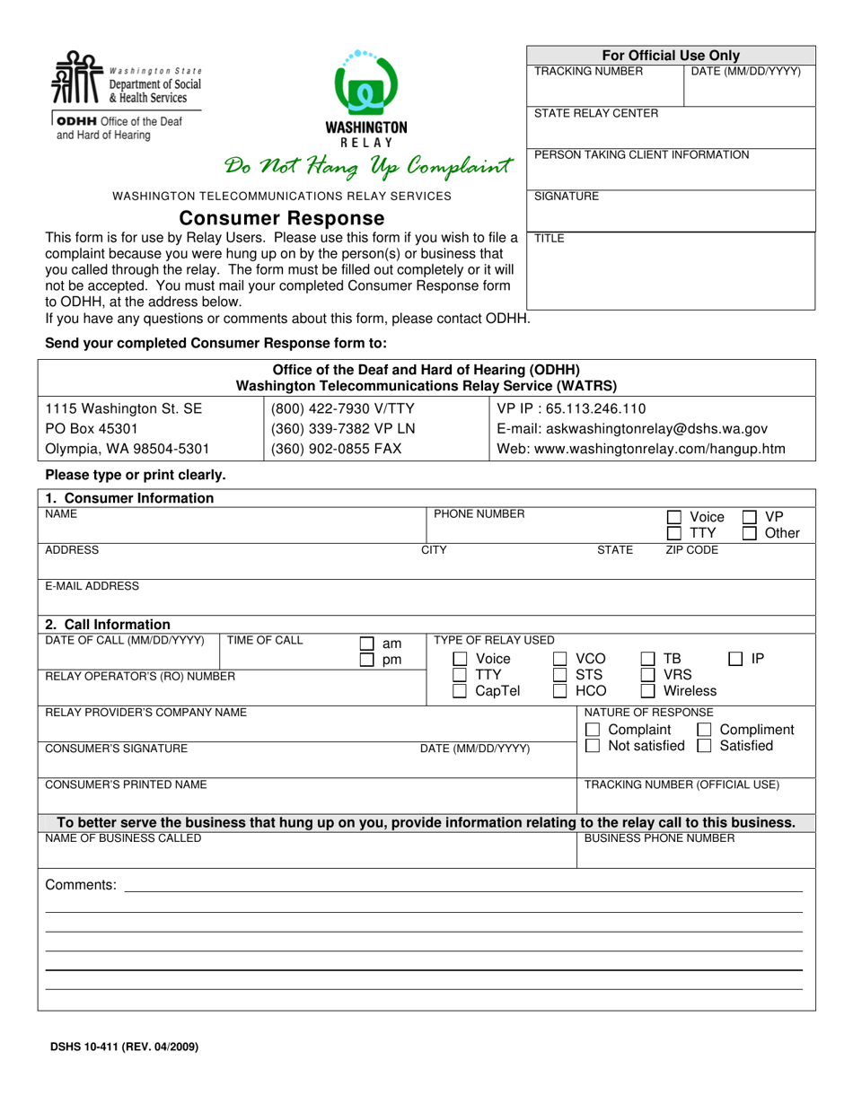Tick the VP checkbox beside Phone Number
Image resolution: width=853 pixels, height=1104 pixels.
coord(750,517)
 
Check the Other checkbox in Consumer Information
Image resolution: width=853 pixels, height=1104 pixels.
coord(750,534)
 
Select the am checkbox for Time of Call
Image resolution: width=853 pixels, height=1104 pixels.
coord(366,644)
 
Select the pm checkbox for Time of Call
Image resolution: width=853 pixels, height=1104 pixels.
coord(366,661)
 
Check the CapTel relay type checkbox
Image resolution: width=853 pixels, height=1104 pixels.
coord(460,691)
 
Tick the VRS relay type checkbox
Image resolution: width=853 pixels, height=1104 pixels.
coord(647,675)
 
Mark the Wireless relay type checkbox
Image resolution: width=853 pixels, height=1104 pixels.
coord(647,691)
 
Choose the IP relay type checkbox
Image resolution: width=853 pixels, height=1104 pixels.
coord(735,659)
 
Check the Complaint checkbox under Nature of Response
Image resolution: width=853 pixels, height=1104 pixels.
coord(593,730)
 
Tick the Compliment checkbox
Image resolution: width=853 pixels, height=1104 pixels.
coord(705,730)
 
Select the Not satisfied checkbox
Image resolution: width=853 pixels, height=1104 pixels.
coord(593,746)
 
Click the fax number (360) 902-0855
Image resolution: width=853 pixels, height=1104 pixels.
coord(331,449)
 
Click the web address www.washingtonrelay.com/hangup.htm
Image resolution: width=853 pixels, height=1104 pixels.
coord(640,449)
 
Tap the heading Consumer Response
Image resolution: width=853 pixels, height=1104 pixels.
coord(282,218)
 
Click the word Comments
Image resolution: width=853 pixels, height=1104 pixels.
coord(80,886)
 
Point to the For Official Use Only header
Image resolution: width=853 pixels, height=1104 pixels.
coord(670,56)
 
